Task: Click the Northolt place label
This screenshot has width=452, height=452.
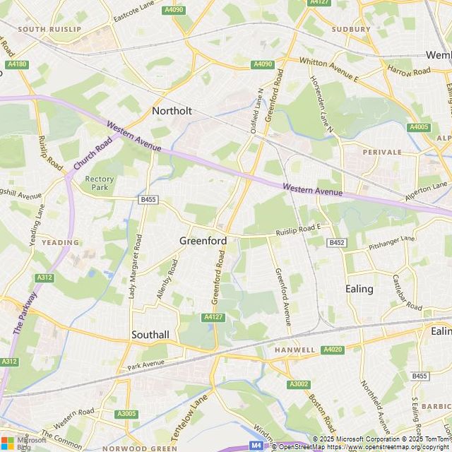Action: tap(172, 111)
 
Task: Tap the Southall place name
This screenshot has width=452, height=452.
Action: tap(150, 334)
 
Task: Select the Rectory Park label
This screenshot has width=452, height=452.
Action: tap(100, 183)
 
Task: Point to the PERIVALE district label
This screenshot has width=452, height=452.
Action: tap(382, 152)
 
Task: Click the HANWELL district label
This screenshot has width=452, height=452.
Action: tap(295, 350)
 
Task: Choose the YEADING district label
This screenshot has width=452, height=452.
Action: tap(60, 242)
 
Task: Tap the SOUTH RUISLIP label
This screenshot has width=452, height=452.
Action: tap(47, 30)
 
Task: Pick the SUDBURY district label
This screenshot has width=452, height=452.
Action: tap(350, 30)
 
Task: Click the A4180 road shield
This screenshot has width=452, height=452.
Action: tap(16, 64)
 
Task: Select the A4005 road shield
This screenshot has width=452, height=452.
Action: tap(418, 127)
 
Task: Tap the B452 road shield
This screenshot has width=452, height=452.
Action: tap(337, 242)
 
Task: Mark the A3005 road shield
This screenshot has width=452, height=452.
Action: tap(126, 414)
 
